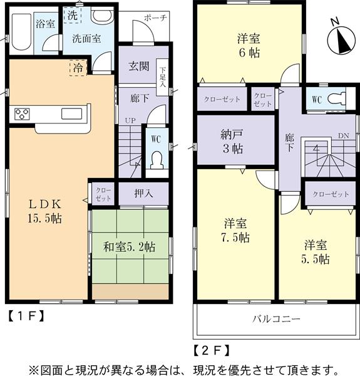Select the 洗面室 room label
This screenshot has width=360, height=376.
(86, 37)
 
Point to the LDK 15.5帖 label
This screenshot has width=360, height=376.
(46, 211)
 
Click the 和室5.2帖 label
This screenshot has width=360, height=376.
(130, 247)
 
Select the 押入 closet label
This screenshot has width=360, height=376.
(143, 194)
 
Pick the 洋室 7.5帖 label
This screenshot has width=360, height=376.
(236, 230)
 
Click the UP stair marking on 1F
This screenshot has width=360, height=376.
(131, 120)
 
